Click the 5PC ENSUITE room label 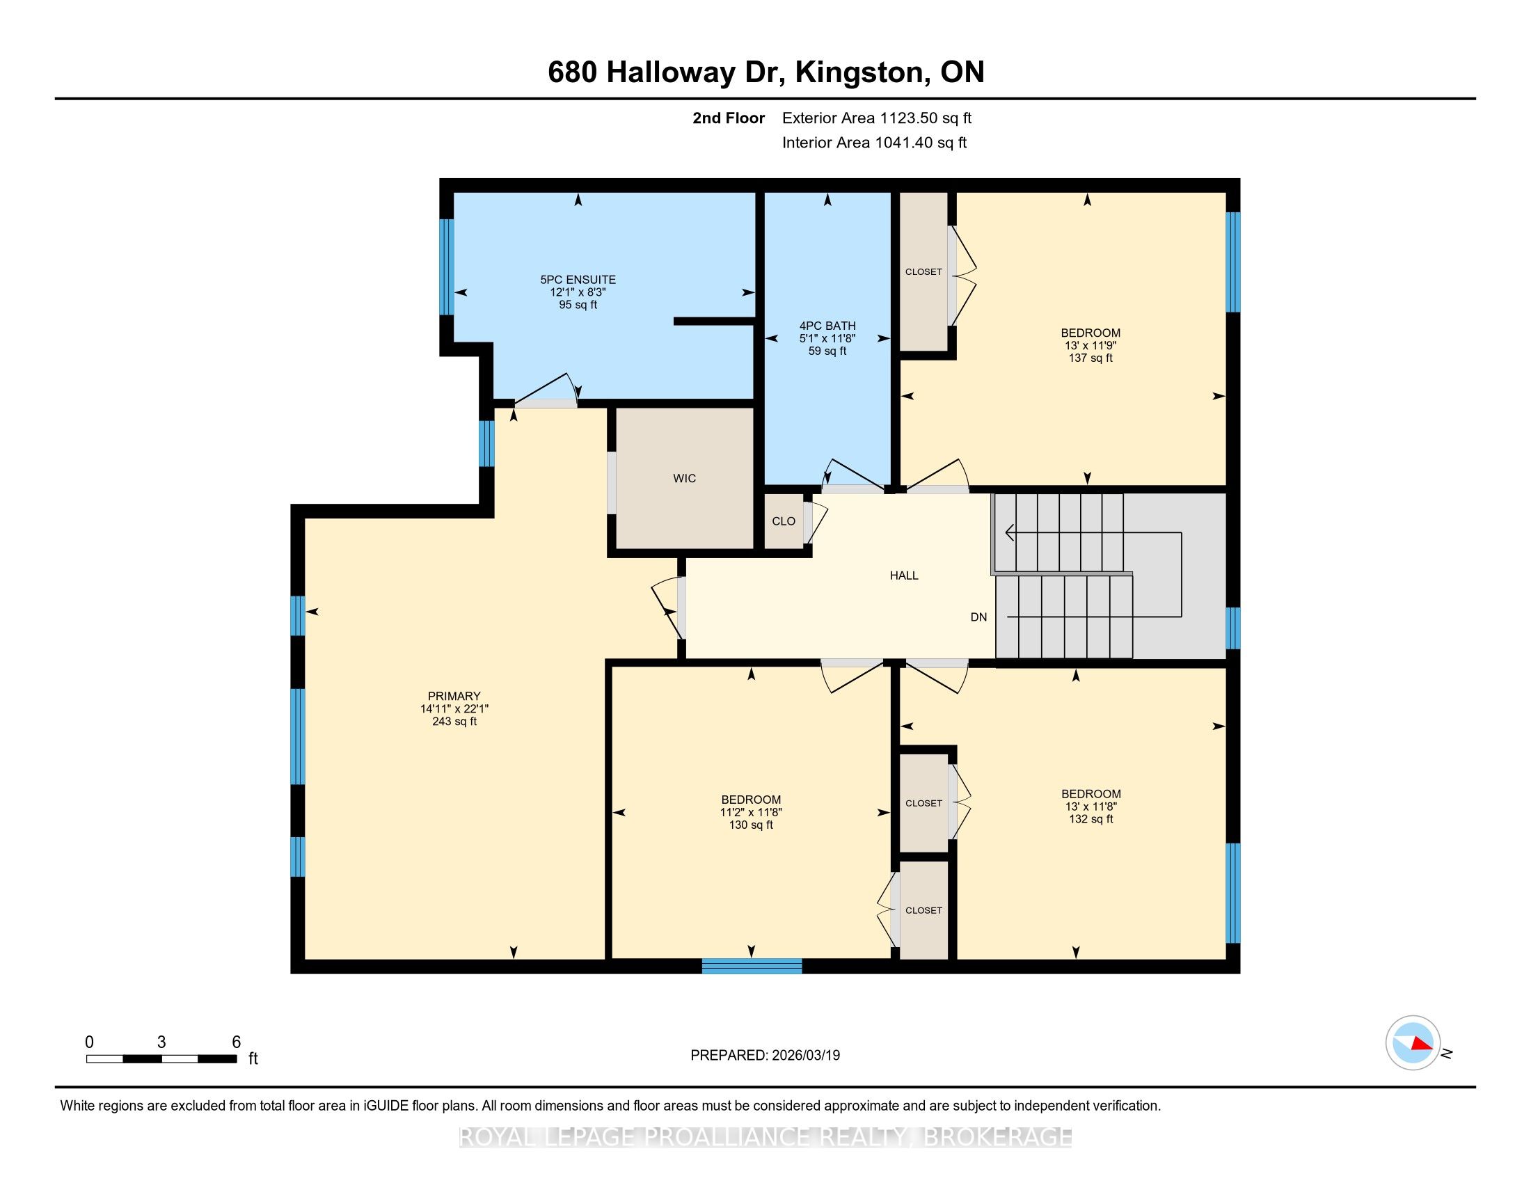tap(578, 280)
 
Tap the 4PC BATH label tap(827, 326)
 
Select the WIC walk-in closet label tap(684, 479)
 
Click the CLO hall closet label tap(783, 521)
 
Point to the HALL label tap(903, 575)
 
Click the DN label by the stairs tap(978, 617)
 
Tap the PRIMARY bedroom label tap(454, 696)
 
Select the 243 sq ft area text tap(454, 721)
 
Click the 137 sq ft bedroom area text tap(1090, 358)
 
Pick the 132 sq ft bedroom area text tap(1090, 819)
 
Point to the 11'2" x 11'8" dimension tap(751, 812)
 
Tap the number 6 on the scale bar tap(236, 1042)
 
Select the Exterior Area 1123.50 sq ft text tap(877, 118)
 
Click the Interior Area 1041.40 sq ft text tap(874, 143)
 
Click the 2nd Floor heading tap(729, 118)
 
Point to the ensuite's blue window tap(447, 267)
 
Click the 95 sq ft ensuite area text tap(578, 305)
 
